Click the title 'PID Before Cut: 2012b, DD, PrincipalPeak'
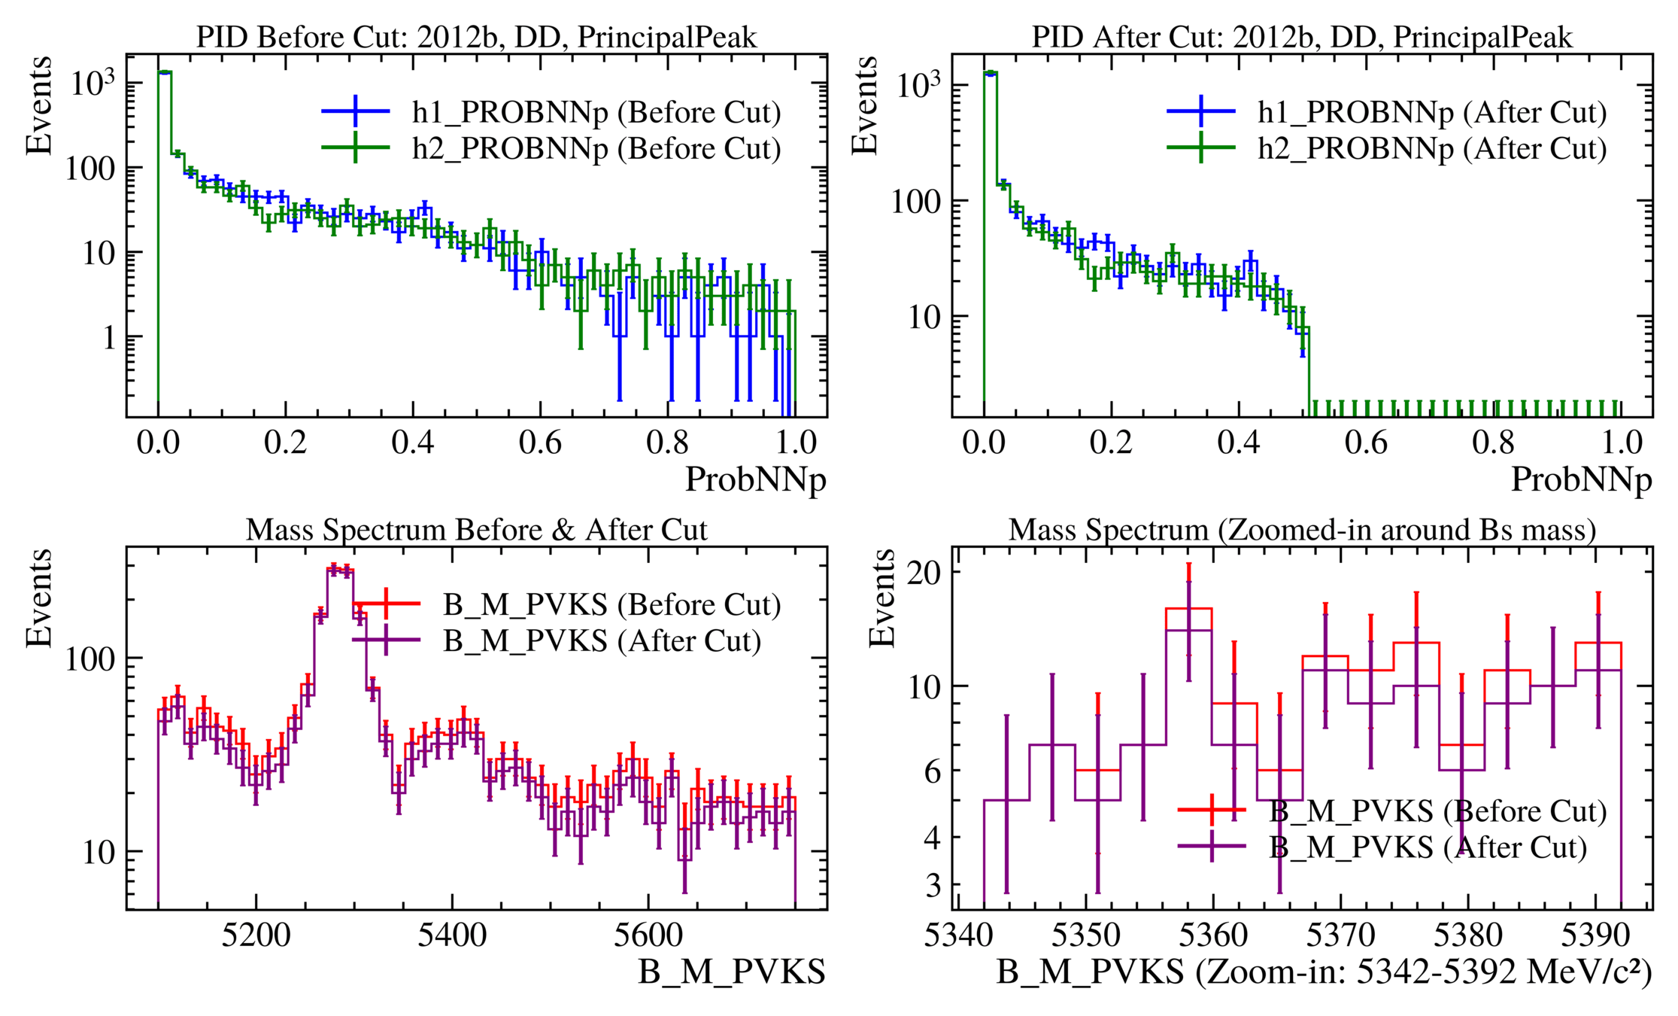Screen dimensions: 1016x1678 [x=476, y=37]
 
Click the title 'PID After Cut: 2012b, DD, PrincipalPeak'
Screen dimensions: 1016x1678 [x=1302, y=37]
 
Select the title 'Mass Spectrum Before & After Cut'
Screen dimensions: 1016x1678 [x=476, y=530]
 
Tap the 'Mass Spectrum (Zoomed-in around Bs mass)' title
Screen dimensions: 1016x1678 [x=1302, y=530]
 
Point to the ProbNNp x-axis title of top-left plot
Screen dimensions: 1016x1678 [x=755, y=479]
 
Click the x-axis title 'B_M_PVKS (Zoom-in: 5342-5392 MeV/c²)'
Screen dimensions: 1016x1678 [x=1324, y=972]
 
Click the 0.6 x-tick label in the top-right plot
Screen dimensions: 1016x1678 [x=1366, y=443]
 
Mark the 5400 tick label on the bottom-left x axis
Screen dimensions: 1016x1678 [x=452, y=935]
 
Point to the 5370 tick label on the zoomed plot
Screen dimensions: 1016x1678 [x=1340, y=935]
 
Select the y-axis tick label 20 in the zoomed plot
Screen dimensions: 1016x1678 [x=924, y=573]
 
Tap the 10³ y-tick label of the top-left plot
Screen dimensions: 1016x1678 [x=93, y=83]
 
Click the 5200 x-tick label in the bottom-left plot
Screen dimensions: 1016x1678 [x=256, y=935]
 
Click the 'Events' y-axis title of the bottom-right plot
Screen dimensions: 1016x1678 [x=882, y=598]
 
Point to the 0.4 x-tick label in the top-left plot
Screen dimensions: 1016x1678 [x=412, y=443]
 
